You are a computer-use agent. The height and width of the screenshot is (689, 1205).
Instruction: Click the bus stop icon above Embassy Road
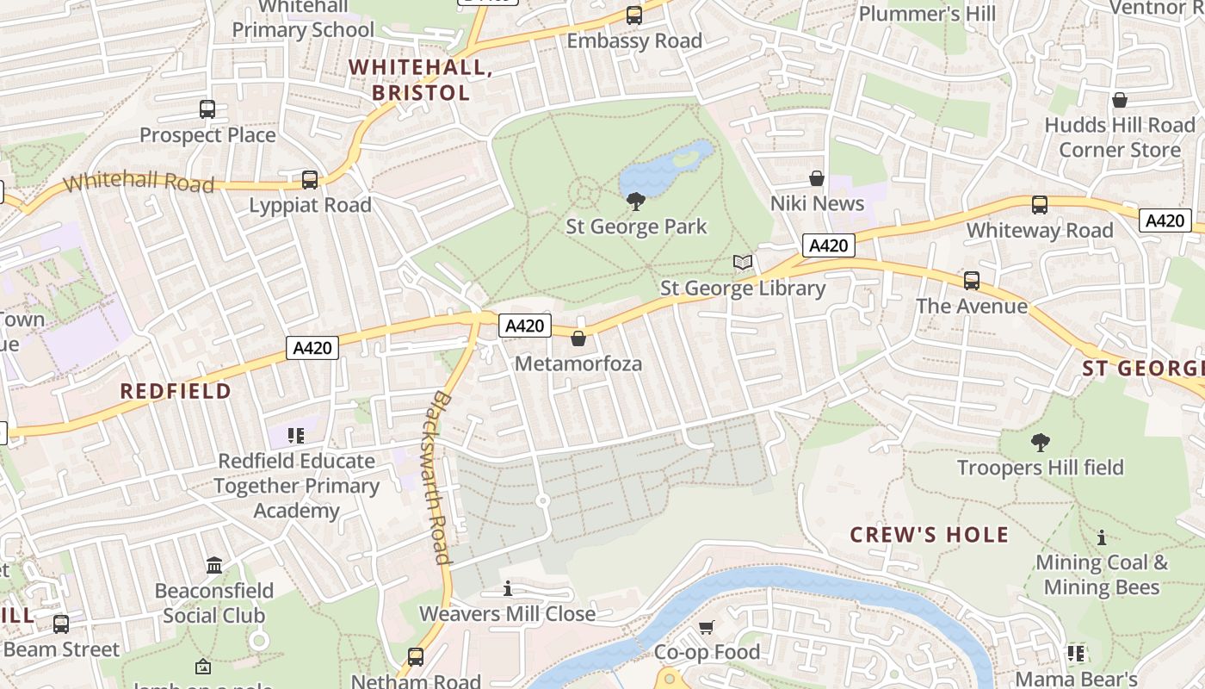634,15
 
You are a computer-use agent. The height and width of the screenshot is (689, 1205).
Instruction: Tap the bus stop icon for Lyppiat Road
310,180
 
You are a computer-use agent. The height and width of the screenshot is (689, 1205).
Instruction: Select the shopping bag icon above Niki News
817,178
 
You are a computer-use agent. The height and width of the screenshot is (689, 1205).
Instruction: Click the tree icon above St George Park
636,202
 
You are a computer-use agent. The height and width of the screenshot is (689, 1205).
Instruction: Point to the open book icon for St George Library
743,262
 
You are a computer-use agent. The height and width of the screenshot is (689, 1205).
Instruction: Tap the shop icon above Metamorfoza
578,338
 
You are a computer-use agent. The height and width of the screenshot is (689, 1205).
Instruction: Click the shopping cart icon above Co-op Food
707,627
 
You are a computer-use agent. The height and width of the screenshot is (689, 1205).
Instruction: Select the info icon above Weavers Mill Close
508,589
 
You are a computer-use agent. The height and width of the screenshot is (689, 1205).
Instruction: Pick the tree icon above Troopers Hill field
1041,443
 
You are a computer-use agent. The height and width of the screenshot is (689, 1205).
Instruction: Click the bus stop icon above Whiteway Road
1040,205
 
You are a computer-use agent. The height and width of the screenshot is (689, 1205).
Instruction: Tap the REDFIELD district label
176,391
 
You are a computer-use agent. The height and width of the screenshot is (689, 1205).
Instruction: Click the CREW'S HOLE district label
930,535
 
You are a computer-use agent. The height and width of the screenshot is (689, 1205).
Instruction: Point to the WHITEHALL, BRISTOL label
421,80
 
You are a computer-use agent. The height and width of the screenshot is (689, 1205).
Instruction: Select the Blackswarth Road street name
441,478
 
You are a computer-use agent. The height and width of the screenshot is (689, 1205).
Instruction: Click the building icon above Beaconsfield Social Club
214,566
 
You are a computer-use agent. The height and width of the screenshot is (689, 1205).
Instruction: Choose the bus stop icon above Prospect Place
207,109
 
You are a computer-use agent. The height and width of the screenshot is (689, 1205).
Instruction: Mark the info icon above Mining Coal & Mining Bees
1102,538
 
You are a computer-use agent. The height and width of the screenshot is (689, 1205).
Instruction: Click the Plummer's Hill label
927,14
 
